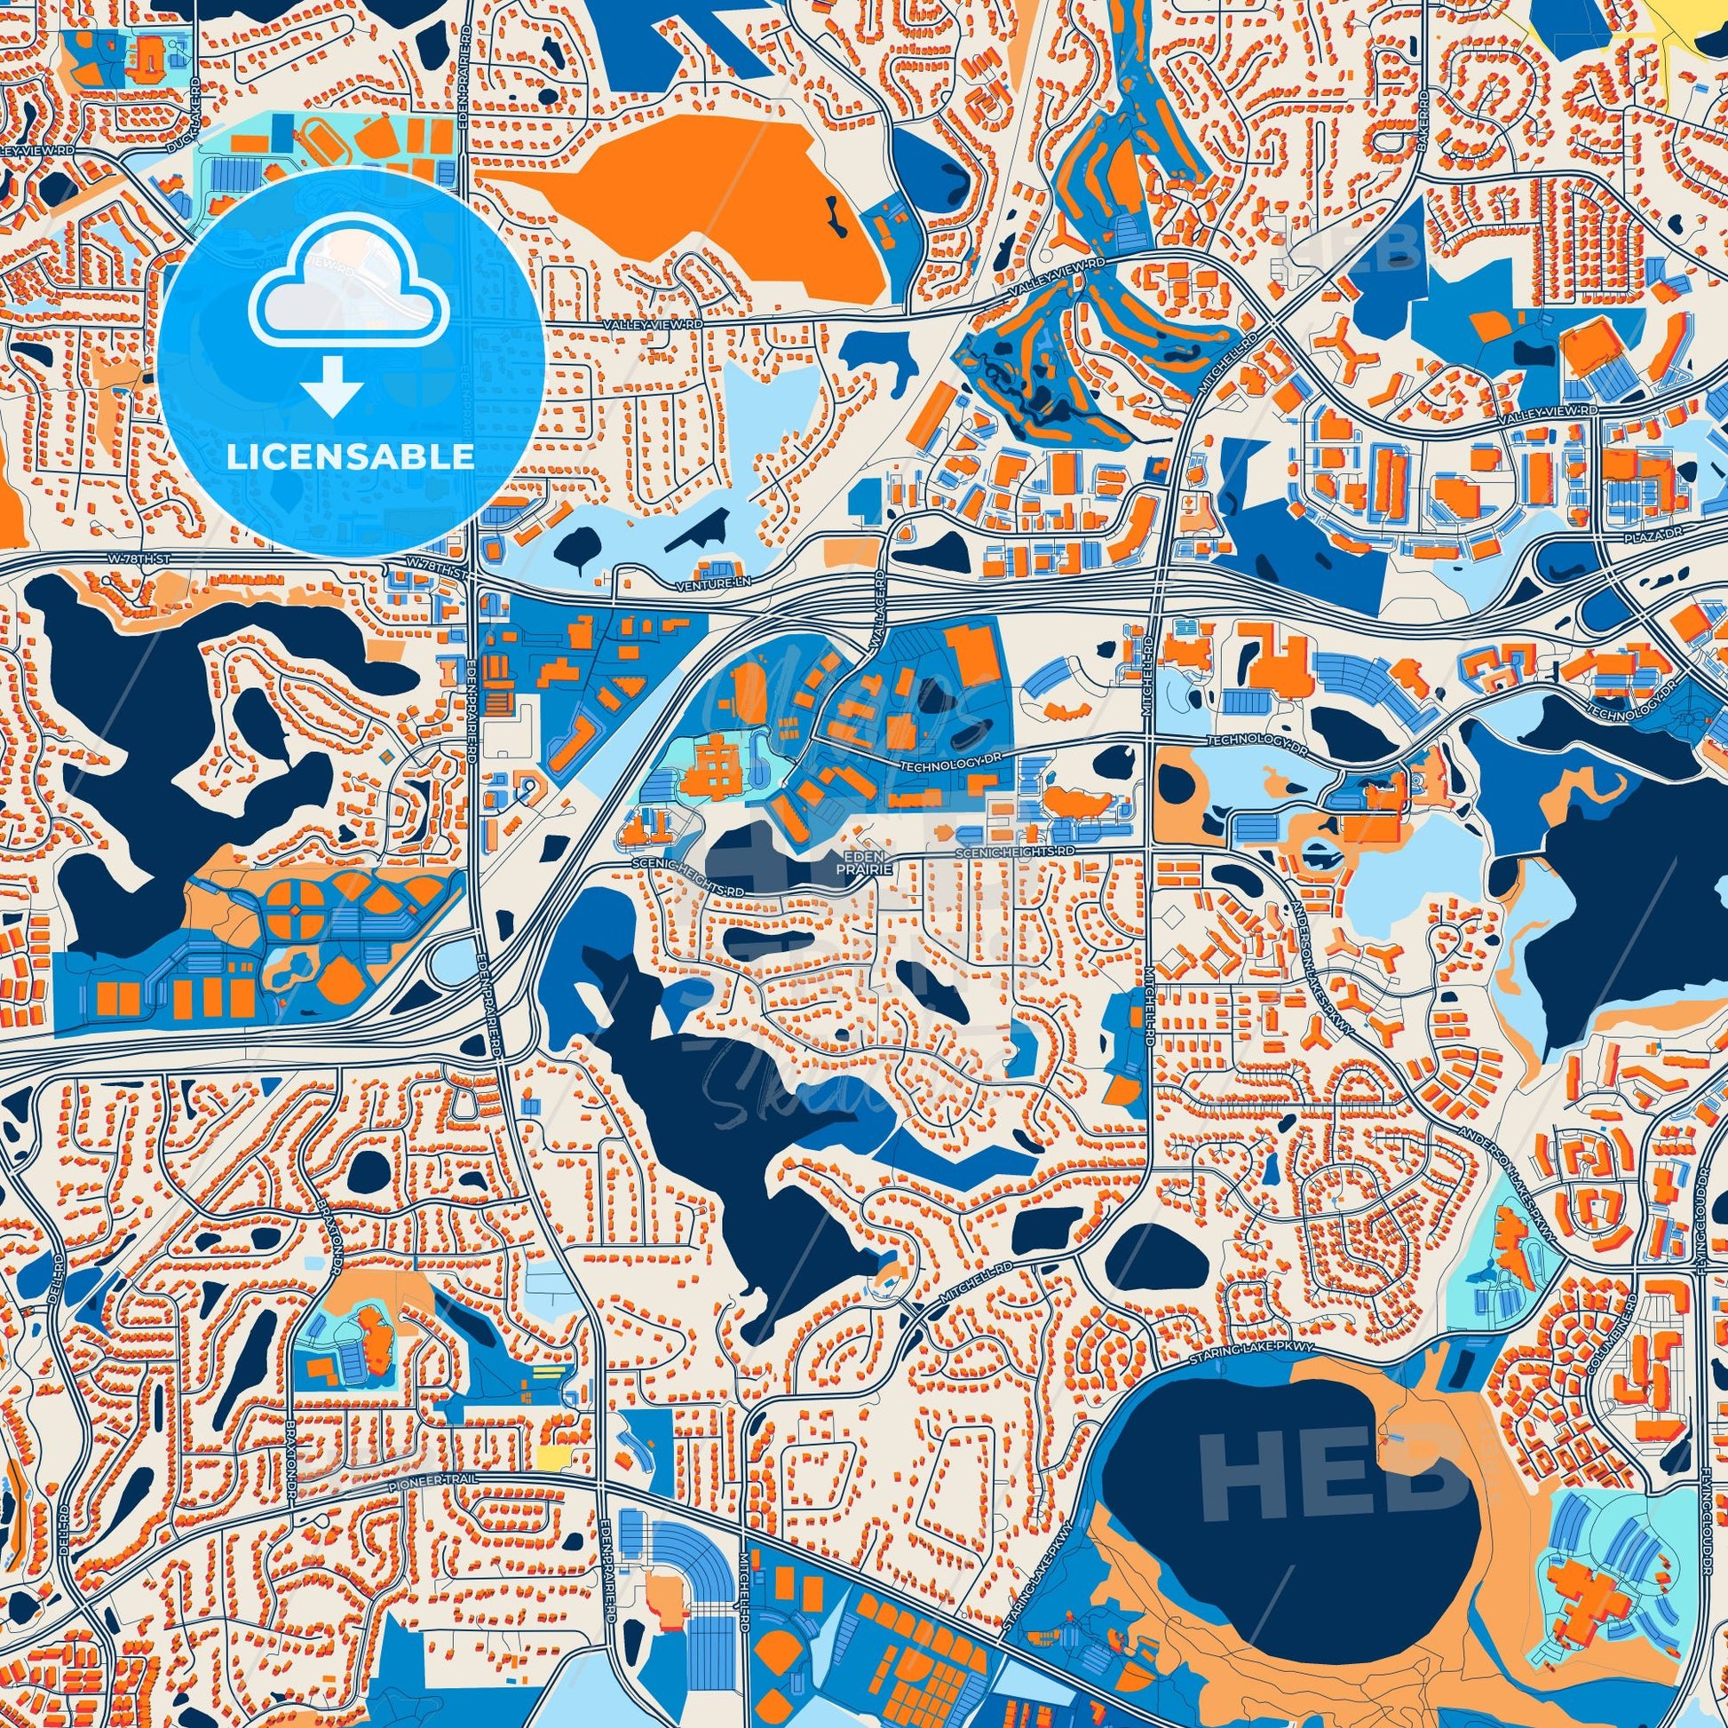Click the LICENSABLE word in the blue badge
pos(350,457)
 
